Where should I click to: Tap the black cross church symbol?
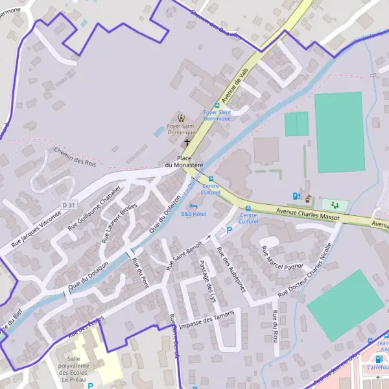187,142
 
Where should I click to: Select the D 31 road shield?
69,205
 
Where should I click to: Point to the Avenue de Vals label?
235,87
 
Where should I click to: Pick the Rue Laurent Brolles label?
119,222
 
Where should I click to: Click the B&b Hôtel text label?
193,214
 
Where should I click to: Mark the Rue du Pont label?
141,272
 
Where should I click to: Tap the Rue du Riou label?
276,325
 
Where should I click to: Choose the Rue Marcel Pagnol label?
282,257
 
